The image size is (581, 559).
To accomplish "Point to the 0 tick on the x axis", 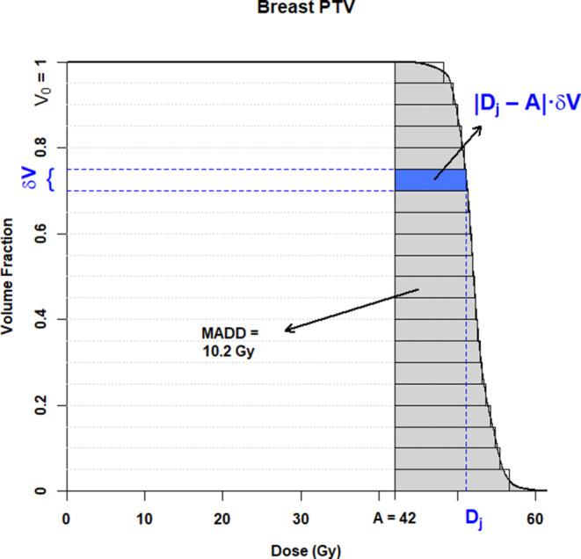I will click(67, 519).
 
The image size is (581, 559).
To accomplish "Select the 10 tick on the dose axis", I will click(145, 519).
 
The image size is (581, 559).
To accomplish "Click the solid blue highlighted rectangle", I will click(430, 179).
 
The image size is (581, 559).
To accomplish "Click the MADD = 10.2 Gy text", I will click(229, 340).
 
